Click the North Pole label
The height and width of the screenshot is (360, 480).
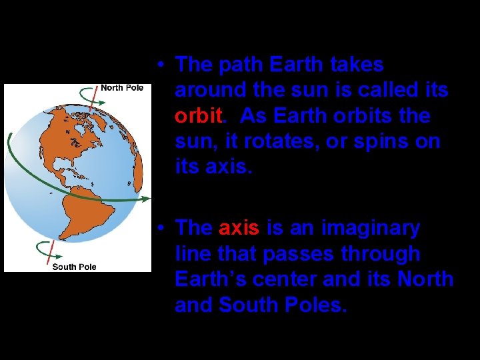pyautogui.click(x=122, y=88)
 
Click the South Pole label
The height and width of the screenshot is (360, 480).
pyautogui.click(x=74, y=267)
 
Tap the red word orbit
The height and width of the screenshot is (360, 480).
pyautogui.click(x=197, y=116)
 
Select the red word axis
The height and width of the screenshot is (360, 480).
pyautogui.click(x=239, y=228)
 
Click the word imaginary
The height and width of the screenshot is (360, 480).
pyautogui.click(x=371, y=228)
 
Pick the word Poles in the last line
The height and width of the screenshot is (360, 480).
pyautogui.click(x=313, y=305)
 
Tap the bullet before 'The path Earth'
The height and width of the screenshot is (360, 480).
pyautogui.click(x=161, y=65)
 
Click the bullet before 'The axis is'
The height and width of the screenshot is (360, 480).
pyautogui.click(x=161, y=229)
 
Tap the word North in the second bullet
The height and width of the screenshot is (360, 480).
pyautogui.click(x=425, y=279)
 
